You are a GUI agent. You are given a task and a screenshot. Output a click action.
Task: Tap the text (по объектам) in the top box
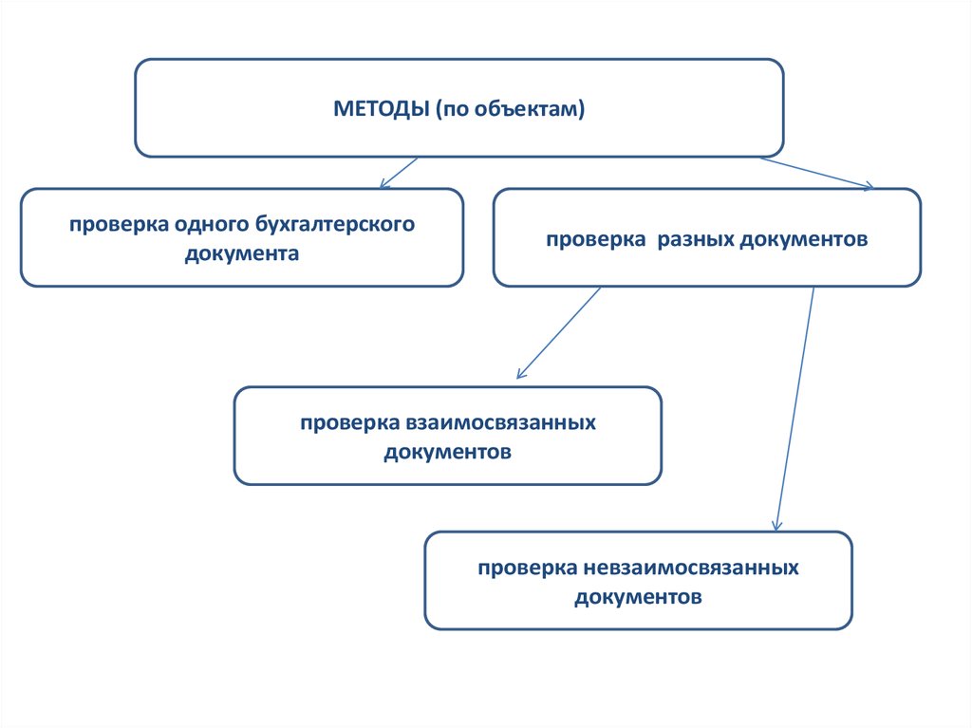pyautogui.click(x=511, y=108)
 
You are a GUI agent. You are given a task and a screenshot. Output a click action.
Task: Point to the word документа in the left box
pyautogui.click(x=242, y=253)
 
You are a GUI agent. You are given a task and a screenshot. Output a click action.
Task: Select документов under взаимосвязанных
pyautogui.click(x=448, y=452)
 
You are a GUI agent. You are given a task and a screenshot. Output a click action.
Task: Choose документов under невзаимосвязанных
pyautogui.click(x=638, y=597)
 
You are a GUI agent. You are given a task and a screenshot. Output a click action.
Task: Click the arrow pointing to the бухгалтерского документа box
pyautogui.click(x=398, y=173)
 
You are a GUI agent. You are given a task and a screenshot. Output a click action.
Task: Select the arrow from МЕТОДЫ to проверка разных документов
pyautogui.click(x=816, y=174)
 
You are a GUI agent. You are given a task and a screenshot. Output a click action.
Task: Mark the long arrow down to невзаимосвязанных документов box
pyautogui.click(x=795, y=408)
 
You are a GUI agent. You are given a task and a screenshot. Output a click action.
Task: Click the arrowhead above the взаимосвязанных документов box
pyautogui.click(x=520, y=374)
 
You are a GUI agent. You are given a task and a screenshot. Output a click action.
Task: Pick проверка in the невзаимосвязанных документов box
pyautogui.click(x=522, y=568)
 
